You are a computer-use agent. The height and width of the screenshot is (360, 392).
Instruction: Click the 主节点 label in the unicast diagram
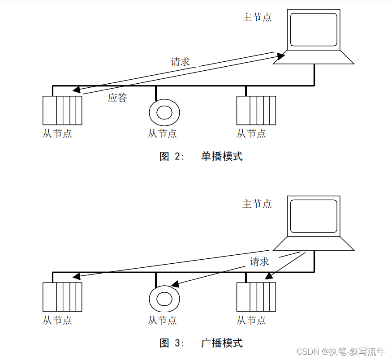tap(257, 17)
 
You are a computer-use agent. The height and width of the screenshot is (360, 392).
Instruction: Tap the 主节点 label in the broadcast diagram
tap(257, 204)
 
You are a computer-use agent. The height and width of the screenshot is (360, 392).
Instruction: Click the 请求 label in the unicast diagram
tap(180, 62)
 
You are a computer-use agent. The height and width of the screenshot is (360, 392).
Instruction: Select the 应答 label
tap(117, 98)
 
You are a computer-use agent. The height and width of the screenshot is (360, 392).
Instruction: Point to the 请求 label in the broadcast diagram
tap(259, 261)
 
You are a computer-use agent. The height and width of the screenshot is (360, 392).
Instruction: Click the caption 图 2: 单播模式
tap(201, 156)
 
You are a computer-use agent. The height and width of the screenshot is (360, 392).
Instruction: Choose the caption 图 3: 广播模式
tap(201, 343)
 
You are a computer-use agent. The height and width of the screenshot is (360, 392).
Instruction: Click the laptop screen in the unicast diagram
tap(314, 30)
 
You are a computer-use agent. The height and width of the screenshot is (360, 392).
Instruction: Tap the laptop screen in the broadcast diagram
tap(314, 216)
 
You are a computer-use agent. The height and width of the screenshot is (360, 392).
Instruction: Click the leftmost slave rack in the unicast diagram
tap(62, 110)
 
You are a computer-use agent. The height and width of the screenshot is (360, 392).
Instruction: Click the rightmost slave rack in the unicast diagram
tap(256, 110)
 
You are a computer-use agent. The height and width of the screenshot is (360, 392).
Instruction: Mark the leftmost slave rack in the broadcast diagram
tap(62, 296)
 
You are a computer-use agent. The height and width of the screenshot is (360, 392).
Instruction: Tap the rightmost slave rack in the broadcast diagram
tap(256, 296)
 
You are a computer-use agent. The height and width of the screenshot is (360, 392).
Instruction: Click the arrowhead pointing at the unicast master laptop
tap(280, 56)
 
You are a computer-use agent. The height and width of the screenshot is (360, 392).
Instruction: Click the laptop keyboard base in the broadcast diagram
tap(314, 244)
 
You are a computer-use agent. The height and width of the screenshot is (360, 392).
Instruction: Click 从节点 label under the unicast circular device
tap(162, 133)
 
